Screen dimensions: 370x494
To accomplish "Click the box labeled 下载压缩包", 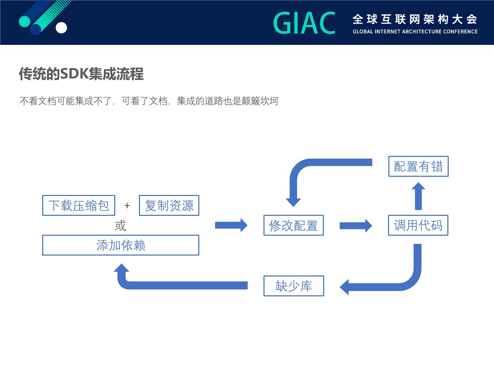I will [79, 206].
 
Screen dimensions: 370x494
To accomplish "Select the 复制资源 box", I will [169, 206].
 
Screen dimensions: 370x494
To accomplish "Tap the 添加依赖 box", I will [120, 245].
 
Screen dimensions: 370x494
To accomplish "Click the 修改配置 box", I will [293, 225].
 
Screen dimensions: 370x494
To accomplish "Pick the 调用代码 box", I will [418, 225].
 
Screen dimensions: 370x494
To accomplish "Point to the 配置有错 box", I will [418, 166].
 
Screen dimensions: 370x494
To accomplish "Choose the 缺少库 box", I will [294, 286].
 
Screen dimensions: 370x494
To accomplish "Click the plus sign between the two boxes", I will [127, 206].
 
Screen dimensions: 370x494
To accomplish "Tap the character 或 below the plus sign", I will [120, 226].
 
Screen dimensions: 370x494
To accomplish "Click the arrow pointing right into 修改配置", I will [231, 225].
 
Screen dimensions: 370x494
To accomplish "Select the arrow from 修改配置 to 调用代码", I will [355, 226].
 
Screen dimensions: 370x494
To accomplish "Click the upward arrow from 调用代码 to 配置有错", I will [418, 196].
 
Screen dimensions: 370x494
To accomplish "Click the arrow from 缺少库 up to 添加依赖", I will [172, 285].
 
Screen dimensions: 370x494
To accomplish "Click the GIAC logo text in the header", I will [304, 23].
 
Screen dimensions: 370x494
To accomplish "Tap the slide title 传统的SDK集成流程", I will [81, 74].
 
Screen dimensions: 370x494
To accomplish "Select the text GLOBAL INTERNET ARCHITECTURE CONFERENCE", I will [415, 32].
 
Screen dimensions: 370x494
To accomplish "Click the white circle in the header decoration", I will [61, 28].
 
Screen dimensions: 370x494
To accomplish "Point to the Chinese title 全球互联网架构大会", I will [415, 20].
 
